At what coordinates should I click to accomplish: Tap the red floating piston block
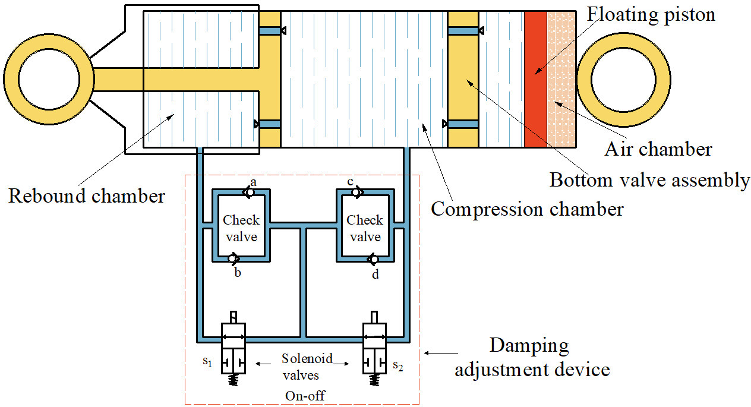(535, 78)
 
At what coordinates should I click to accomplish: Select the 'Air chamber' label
(658, 149)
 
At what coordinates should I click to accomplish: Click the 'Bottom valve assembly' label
(649, 179)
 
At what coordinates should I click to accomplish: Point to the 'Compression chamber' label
(527, 209)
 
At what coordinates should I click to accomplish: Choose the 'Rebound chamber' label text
(87, 195)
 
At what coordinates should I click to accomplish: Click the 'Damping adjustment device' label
(532, 358)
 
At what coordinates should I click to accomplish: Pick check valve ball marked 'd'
(374, 259)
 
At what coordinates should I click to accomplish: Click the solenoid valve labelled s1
(233, 348)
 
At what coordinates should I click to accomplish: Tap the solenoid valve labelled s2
(374, 348)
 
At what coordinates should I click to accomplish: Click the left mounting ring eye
(49, 80)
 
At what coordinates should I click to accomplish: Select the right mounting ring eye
(623, 80)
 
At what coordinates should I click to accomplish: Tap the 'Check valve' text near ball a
(241, 228)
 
